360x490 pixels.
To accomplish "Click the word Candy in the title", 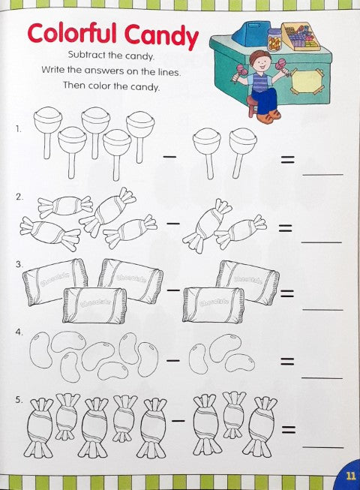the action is click(161, 35).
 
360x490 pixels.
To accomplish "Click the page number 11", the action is click(351, 476).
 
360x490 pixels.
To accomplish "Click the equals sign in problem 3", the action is click(287, 293).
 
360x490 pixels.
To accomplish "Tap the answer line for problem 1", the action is click(322, 174).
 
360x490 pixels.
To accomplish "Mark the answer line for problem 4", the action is click(322, 378).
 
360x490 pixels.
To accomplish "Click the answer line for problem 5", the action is click(322, 447).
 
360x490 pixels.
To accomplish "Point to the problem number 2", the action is click(19, 197).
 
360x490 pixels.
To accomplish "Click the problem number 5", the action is click(19, 399).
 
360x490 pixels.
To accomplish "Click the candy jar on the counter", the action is click(274, 39).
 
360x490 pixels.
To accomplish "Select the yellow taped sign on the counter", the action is click(306, 81).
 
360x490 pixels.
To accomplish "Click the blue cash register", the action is click(249, 33).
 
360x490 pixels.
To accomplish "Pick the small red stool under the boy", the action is click(252, 107).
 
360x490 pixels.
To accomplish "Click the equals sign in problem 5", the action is click(288, 430).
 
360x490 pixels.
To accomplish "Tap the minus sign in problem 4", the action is click(173, 360).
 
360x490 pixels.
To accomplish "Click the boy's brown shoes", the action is click(268, 116).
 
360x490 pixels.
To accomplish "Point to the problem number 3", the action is click(19, 264).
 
